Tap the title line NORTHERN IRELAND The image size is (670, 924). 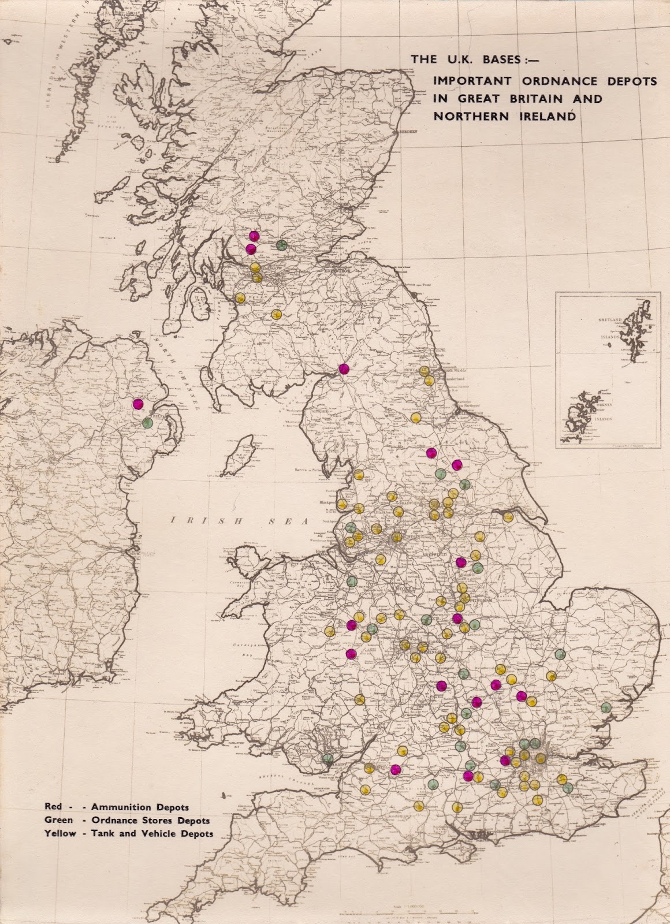point(504,116)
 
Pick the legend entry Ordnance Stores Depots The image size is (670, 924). point(126,820)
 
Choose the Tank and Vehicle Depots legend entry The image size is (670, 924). point(128,833)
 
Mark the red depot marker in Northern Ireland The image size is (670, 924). point(137,404)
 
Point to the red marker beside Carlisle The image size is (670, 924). point(344,370)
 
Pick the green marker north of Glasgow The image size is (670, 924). point(282,245)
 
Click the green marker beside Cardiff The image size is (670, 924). point(328,758)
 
